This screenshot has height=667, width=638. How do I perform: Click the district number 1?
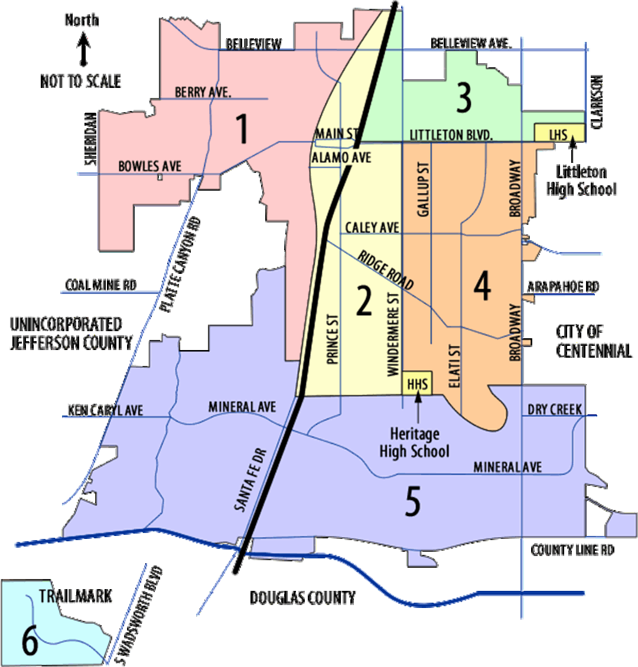point(241,130)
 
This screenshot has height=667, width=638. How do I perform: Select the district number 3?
point(464,99)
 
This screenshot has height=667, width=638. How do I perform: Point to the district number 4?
point(482,288)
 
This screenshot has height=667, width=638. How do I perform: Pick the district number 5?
point(413,502)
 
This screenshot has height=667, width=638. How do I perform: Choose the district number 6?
point(30,642)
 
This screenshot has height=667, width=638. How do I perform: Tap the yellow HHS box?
point(417,383)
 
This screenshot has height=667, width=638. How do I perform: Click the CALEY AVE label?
point(373,227)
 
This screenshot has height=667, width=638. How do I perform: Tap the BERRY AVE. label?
point(203,92)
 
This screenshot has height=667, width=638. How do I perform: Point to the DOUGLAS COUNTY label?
point(303,598)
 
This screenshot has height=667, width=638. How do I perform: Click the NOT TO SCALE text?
point(82,81)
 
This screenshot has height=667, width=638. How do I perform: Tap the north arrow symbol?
point(84,41)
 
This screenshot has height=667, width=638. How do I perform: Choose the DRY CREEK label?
point(555,410)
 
